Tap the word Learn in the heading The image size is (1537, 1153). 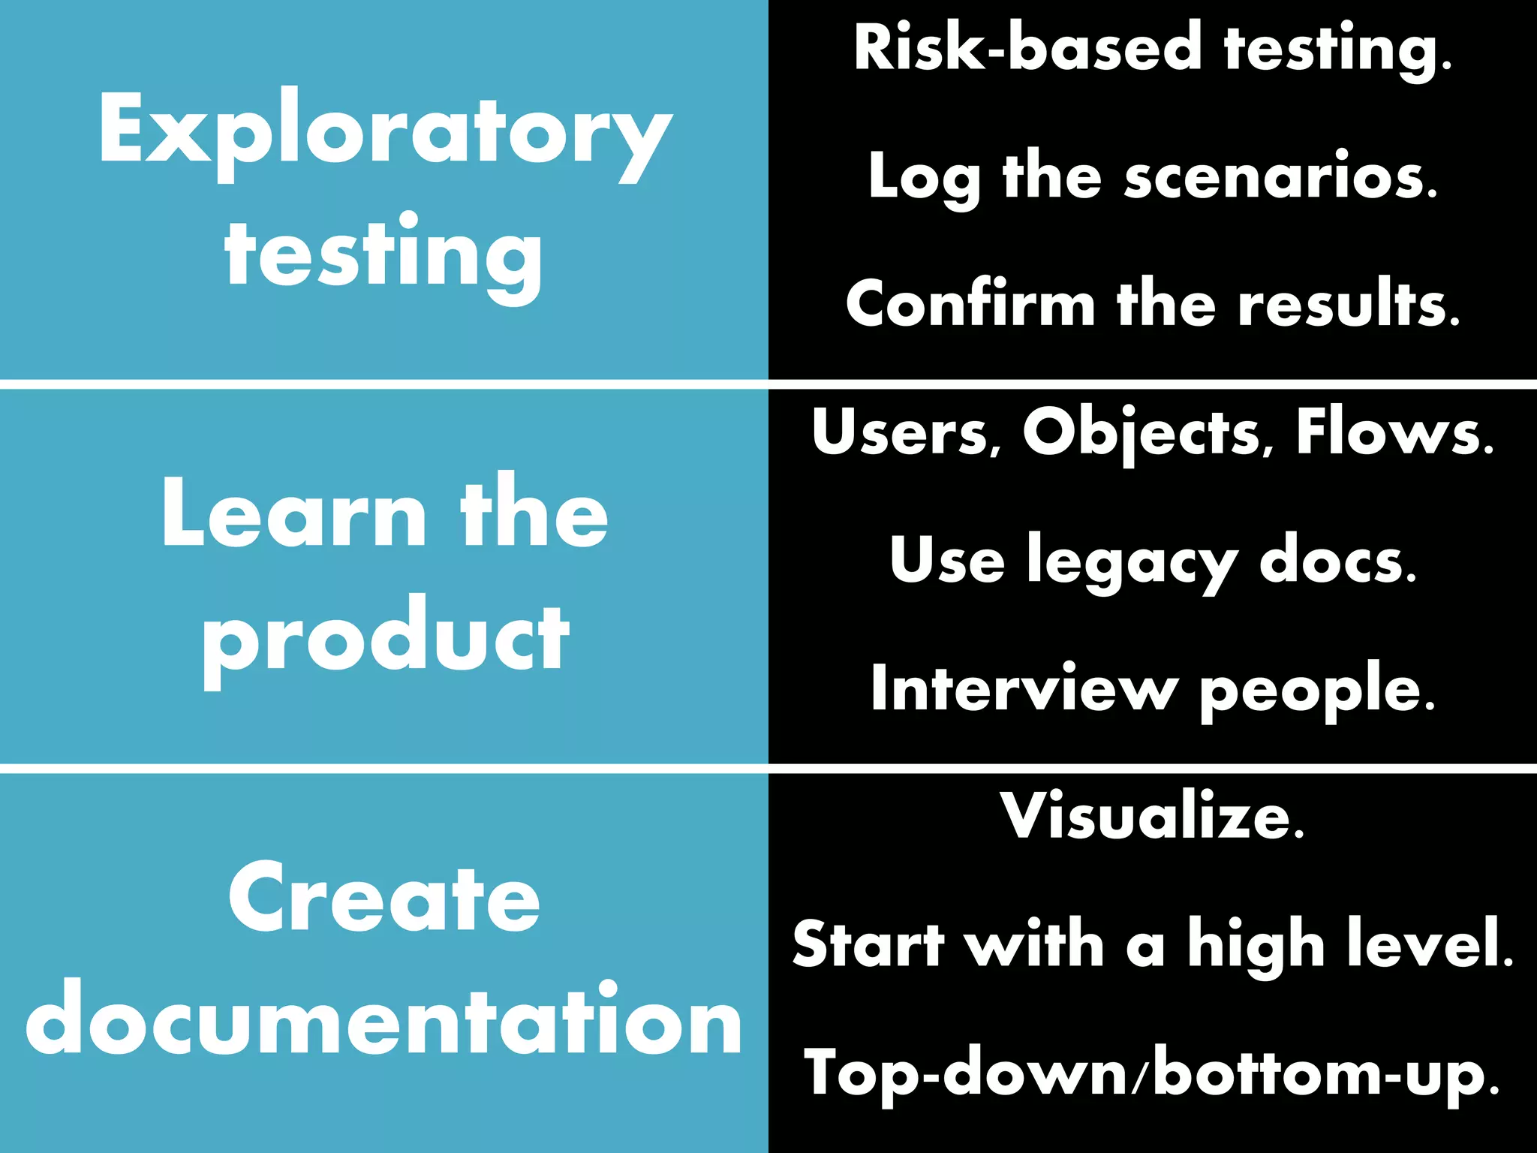pos(293,515)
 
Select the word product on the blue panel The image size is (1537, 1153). pos(384,638)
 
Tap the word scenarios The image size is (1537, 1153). pos(1280,177)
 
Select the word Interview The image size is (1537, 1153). pos(1024,688)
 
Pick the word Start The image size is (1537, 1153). pos(869,944)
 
